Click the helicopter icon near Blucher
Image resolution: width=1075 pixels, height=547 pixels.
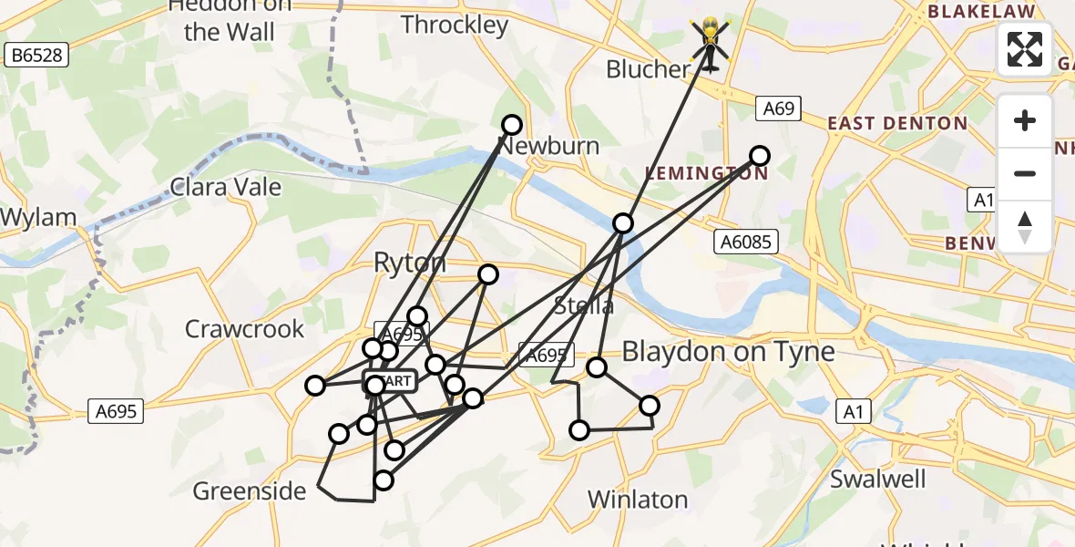(x=710, y=43)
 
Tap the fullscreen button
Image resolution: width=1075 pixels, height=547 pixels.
(x=1025, y=49)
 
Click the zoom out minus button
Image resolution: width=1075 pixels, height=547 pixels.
(x=1025, y=173)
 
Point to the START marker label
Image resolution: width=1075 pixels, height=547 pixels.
(x=392, y=381)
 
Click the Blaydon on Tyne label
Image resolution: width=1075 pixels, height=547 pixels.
(x=728, y=352)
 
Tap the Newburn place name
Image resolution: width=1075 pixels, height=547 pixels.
(x=550, y=146)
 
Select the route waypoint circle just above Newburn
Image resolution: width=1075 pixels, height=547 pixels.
(x=512, y=125)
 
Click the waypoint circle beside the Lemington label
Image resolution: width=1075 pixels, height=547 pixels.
(x=759, y=155)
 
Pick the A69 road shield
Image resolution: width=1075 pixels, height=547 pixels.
(x=778, y=108)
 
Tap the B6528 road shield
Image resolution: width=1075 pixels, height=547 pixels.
(x=38, y=56)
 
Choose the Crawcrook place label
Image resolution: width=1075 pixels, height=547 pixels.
(x=244, y=329)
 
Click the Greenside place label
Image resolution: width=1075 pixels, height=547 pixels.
(x=250, y=491)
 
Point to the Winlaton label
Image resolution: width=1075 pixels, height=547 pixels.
(x=637, y=500)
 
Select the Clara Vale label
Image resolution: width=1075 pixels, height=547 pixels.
(x=226, y=188)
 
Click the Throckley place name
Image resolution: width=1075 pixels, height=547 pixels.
(x=455, y=25)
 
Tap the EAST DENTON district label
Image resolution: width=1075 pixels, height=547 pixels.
(x=896, y=124)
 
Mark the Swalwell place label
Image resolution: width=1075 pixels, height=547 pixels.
(x=877, y=480)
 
